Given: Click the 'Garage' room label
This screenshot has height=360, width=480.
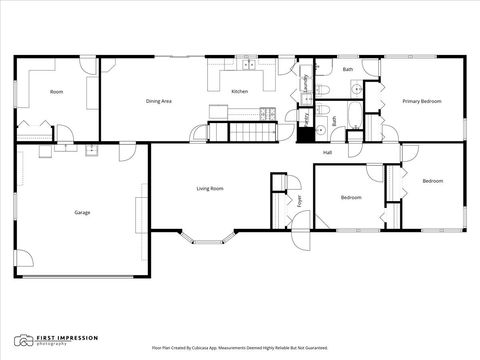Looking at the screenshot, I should coord(82,212).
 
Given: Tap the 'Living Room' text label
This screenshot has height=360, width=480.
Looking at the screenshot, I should coord(209,188).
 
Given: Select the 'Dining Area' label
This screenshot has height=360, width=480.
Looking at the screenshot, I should coord(160,101).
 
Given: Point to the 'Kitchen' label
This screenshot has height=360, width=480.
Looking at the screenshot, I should coord(240,92).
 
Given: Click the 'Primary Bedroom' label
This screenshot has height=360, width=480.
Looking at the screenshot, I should coord(422,101).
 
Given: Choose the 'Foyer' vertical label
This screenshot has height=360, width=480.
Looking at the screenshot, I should coord(299,201).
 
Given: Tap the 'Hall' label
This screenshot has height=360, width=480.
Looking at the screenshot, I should coord(327,152).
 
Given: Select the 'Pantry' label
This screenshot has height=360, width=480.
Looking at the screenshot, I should coord(305,119).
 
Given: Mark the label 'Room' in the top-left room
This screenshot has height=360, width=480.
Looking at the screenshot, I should coord(57,92).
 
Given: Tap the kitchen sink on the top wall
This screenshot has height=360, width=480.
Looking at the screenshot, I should coord(246,66).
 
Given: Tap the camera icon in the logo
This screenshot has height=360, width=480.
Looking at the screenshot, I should coord(21,341).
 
